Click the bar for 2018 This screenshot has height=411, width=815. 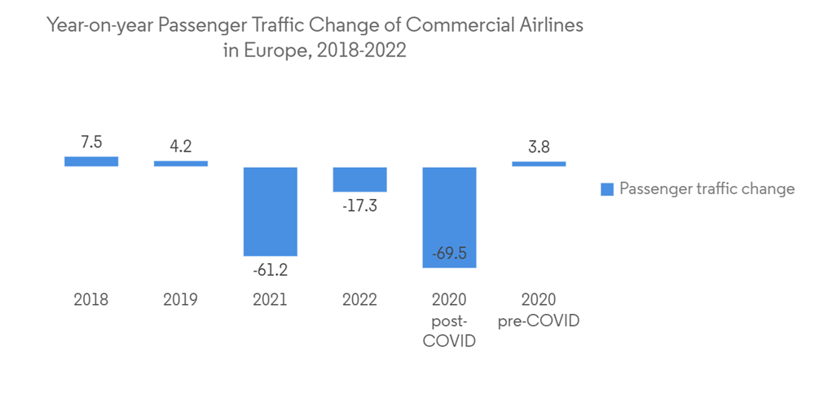click(91, 161)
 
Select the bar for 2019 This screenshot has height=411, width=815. click(181, 163)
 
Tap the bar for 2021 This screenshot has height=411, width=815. click(271, 211)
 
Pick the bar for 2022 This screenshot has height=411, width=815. click(359, 179)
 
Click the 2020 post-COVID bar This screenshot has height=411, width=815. click(449, 217)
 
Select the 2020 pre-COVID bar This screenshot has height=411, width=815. click(539, 164)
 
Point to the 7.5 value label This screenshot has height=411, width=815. click(91, 142)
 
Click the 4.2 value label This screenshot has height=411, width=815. click(181, 147)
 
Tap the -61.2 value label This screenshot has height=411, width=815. click(271, 270)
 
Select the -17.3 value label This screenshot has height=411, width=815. click(359, 205)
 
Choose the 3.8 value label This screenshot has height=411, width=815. click(539, 148)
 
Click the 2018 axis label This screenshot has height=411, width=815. click(91, 300)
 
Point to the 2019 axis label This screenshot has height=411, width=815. click(181, 300)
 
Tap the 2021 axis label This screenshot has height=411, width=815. click(271, 300)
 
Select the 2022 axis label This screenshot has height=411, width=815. click(359, 300)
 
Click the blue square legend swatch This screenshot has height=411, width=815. click(607, 190)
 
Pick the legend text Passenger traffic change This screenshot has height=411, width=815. click(707, 189)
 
